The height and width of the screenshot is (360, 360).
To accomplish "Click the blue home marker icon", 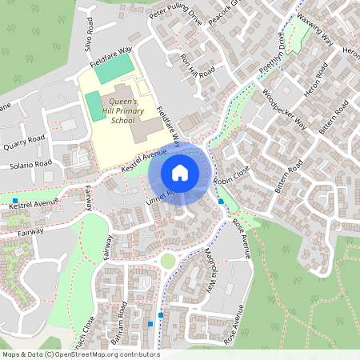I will pos(180,172).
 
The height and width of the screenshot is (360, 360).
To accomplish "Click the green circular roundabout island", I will pos(167,261).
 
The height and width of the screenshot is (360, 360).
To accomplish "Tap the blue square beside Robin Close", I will pos(222,202).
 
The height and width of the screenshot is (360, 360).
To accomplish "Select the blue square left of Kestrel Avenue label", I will pos(15,200).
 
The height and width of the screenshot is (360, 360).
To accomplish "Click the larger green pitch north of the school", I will pos(112,69).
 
